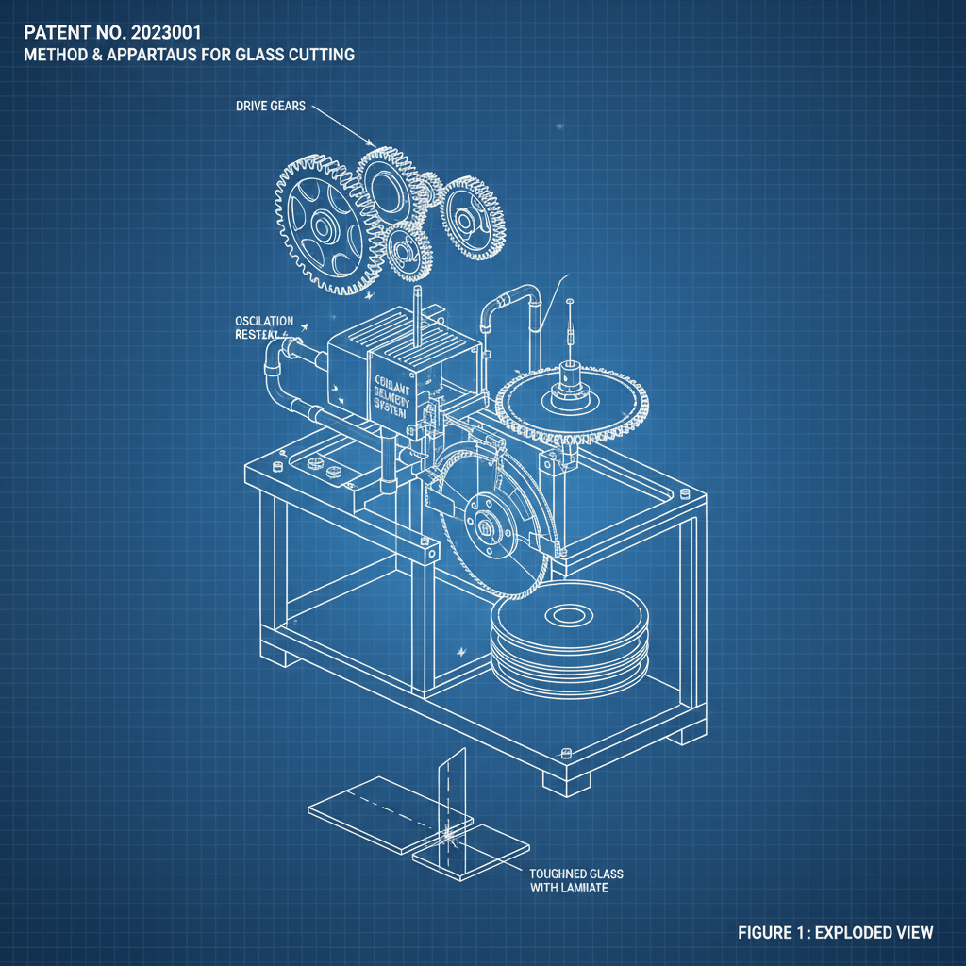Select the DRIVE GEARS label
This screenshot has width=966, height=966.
271,107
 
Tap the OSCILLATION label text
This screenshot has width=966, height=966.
264,322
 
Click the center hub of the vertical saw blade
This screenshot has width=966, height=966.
487,530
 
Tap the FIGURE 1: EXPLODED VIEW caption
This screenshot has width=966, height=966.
835,933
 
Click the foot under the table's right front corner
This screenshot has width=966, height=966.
567,780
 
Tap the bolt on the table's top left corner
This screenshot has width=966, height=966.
278,466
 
